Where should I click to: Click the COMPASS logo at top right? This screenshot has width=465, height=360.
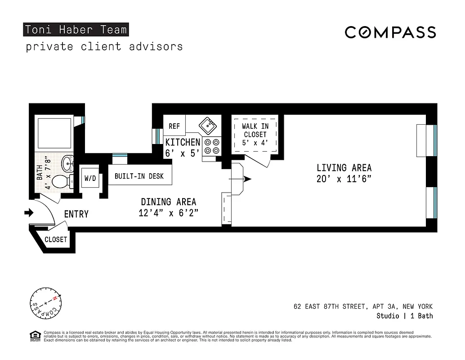point(390,32)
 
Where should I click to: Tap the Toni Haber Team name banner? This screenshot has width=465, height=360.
point(76,30)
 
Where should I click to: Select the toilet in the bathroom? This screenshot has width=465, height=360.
point(62,182)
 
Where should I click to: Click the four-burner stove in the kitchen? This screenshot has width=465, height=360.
point(211,146)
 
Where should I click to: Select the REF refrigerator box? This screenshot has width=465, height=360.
point(174,126)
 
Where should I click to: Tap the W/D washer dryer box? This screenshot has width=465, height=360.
point(90,179)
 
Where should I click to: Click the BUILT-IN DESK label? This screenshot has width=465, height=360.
point(139,176)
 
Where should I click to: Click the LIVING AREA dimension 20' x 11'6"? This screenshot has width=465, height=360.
point(344,178)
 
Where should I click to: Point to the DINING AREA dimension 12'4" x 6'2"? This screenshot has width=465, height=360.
point(168,213)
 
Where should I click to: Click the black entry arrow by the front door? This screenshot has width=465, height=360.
point(28,212)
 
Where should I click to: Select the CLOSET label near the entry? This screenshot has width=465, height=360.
point(56,240)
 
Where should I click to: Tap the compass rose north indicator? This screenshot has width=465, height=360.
point(55,299)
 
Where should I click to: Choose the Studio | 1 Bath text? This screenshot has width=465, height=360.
point(404,316)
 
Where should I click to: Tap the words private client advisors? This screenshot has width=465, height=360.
point(104,46)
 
